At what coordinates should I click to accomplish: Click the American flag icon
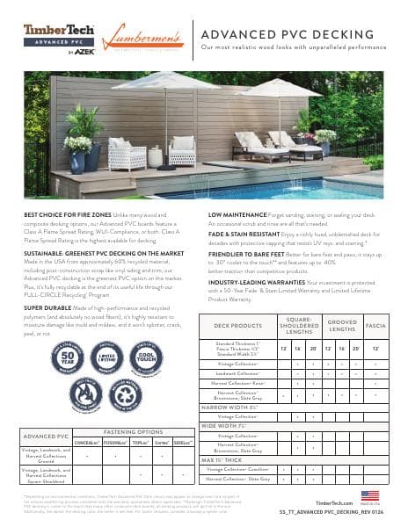coord(364,495)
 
